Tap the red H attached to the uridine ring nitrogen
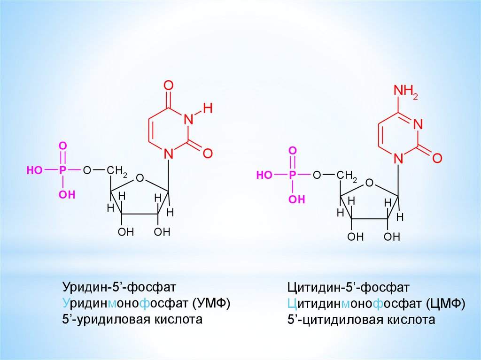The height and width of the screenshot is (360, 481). coord(208,109)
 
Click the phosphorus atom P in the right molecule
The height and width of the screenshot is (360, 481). coord(292,175)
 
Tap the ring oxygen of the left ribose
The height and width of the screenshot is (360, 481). coord(140,178)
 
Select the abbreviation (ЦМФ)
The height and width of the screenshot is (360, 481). coord(446,304)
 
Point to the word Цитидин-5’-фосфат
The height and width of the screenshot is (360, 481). coord(349,287)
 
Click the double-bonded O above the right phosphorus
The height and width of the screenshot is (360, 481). coord(292,151)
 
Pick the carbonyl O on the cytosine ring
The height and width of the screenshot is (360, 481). coord(437,158)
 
